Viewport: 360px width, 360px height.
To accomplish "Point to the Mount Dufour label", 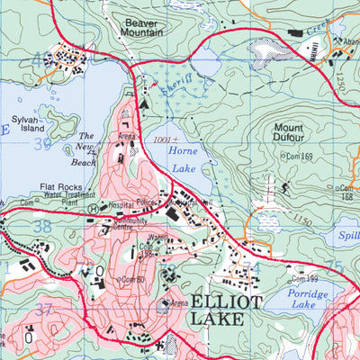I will pyautogui.click(x=295, y=133).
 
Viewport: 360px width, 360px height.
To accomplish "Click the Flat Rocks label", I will pyautogui.click(x=62, y=189).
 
